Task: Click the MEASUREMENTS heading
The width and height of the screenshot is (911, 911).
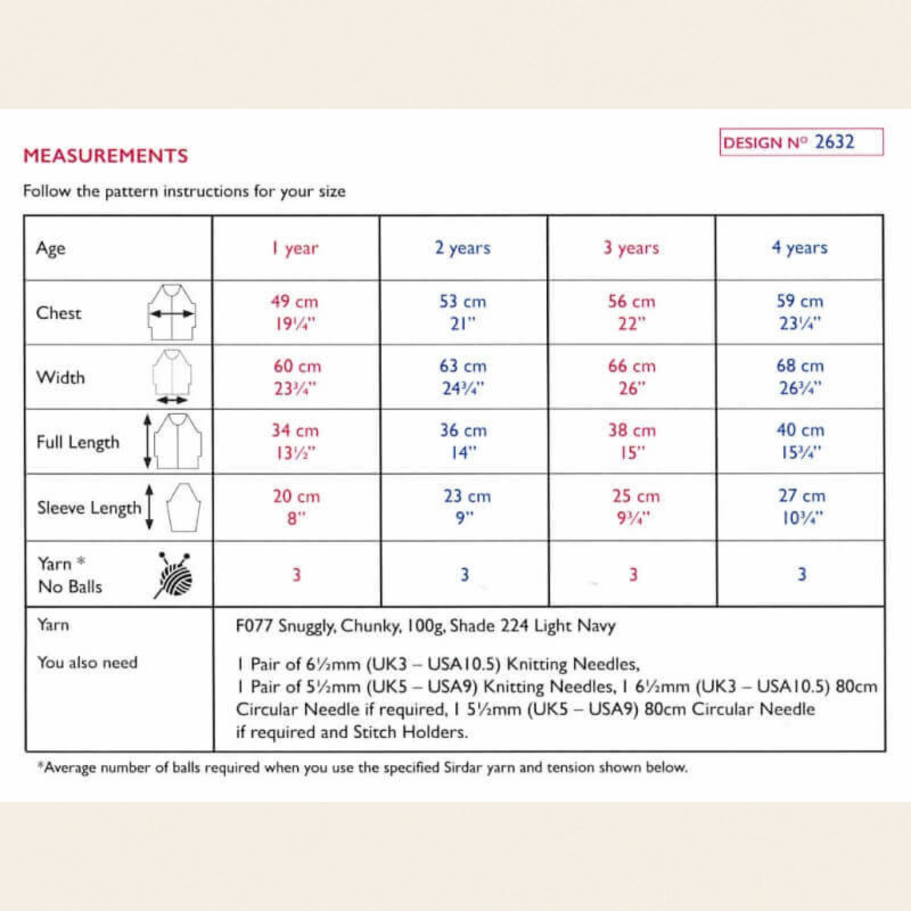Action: [x=105, y=156]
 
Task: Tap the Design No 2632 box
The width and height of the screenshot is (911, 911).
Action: [x=801, y=142]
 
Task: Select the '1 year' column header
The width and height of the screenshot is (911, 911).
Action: [x=295, y=248]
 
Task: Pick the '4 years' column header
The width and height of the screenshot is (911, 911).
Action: [x=800, y=248]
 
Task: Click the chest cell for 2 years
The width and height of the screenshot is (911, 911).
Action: [x=463, y=312]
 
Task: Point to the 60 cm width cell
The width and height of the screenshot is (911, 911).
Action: [x=297, y=377]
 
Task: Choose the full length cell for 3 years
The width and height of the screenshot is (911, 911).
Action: [x=632, y=441]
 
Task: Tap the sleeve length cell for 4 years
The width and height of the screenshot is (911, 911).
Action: [x=802, y=507]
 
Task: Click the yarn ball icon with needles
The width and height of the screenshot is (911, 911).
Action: [x=174, y=575]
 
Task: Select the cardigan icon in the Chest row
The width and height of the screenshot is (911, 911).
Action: [x=172, y=312]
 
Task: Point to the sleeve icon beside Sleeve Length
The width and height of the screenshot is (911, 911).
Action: [x=183, y=507]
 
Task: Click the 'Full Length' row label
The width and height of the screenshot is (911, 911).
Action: [x=78, y=442]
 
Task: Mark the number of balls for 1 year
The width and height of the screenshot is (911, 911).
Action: [x=297, y=574]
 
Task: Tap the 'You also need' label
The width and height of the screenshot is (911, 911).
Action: [x=87, y=663]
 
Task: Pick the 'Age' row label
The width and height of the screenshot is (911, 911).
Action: [x=51, y=249]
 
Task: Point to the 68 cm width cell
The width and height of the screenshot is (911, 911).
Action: [x=800, y=377]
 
